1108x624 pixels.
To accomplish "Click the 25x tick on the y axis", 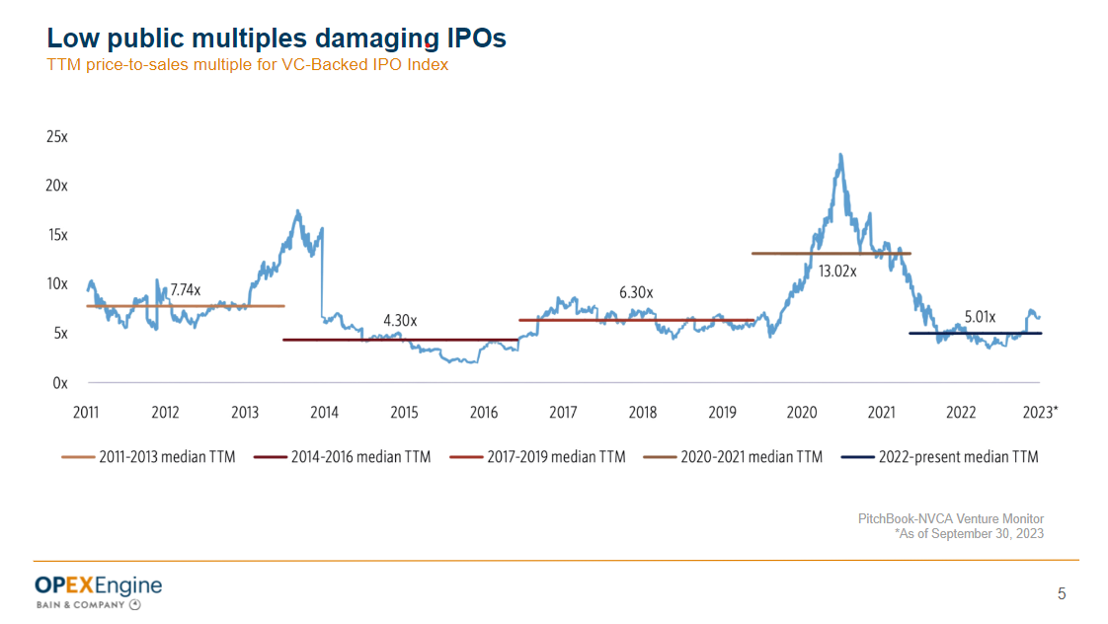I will (x=57, y=137).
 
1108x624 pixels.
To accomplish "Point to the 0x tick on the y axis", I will (x=60, y=383).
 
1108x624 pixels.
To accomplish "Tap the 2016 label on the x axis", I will (x=483, y=413).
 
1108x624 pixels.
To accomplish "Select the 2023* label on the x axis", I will (x=1041, y=413).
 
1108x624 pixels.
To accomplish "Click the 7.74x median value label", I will (x=185, y=290).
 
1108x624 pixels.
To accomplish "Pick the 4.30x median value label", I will (x=400, y=321).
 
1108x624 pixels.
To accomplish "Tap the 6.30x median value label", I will (x=636, y=293).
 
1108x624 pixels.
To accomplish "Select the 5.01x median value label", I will (x=980, y=317).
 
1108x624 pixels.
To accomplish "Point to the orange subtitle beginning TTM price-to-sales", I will (x=248, y=65).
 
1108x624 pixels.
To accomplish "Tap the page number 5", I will (x=1062, y=593).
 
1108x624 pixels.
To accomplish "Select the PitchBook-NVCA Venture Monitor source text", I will (x=950, y=519).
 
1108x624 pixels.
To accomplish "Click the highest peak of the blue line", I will (x=839, y=154).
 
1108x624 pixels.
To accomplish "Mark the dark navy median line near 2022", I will (x=975, y=334).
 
